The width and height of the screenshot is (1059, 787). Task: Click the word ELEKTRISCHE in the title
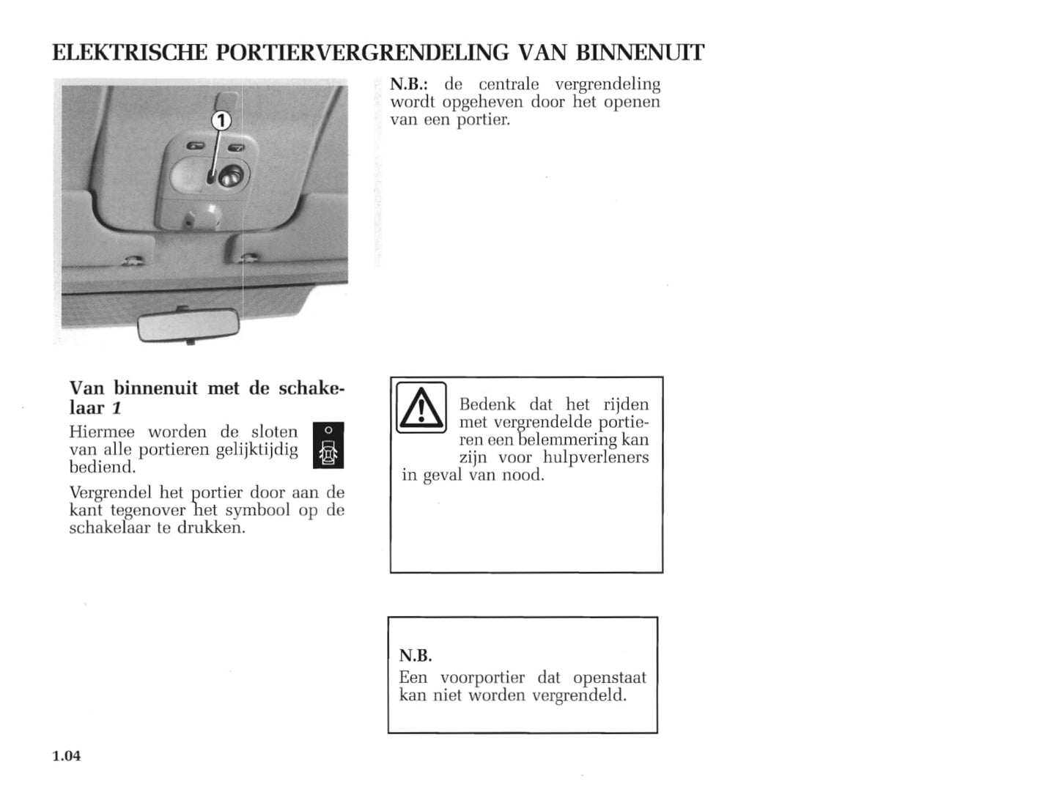click(x=130, y=53)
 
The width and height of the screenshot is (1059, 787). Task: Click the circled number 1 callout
click(x=221, y=121)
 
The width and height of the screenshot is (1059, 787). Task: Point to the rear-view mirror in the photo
click(x=188, y=328)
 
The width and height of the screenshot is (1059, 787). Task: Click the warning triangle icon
click(x=421, y=407)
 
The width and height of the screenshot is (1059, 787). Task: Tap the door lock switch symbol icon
click(x=328, y=446)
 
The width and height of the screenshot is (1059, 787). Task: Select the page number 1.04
click(x=67, y=755)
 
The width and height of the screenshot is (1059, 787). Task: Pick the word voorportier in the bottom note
click(x=482, y=677)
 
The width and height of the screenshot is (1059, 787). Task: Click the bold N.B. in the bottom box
click(x=416, y=656)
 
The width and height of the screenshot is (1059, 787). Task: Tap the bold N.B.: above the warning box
click(x=409, y=84)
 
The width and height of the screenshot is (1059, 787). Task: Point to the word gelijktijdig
click(x=257, y=449)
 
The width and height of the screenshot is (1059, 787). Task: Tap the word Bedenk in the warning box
click(x=487, y=404)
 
